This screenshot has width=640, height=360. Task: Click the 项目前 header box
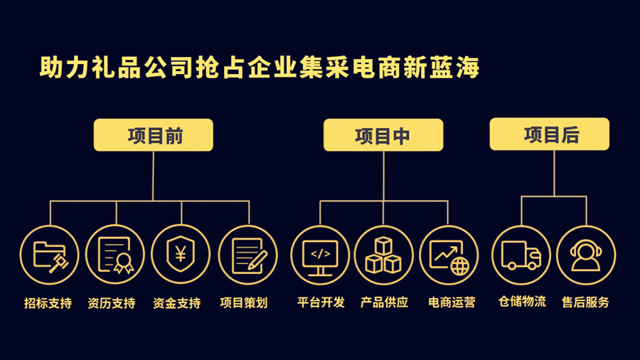[154, 135]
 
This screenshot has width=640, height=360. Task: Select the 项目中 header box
[383, 135]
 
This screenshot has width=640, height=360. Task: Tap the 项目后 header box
[550, 134]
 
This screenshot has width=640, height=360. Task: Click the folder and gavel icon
[50, 255]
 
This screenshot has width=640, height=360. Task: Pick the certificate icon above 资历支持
[115, 255]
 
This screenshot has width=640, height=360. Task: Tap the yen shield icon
[181, 255]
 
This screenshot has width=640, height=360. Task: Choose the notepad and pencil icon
[247, 255]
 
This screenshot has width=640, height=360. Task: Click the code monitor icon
[320, 255]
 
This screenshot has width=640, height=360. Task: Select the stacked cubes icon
[383, 255]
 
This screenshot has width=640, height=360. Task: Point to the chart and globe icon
[449, 255]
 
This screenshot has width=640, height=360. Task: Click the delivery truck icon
[521, 255]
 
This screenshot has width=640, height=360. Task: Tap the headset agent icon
[586, 255]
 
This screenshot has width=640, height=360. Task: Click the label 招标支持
[48, 303]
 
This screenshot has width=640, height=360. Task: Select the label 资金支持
[177, 303]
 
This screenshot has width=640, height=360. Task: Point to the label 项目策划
[244, 303]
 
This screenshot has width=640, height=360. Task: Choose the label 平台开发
[321, 302]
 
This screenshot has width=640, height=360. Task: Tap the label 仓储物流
[522, 301]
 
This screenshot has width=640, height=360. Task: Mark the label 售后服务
[585, 302]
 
